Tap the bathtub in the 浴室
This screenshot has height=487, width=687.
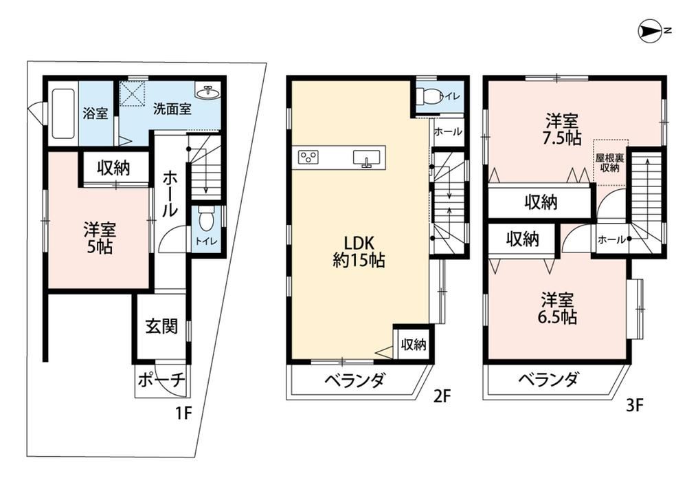point(63,114)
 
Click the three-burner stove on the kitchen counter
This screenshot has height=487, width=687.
point(308,157)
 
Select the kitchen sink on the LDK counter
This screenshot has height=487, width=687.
point(367,158)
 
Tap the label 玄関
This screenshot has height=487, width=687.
point(161,326)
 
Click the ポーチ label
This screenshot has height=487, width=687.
point(161,380)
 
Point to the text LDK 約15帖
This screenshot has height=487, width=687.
point(359,252)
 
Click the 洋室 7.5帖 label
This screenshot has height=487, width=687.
point(561,129)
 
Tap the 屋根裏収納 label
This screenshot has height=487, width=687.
point(609,162)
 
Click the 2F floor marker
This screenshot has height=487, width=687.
point(442,396)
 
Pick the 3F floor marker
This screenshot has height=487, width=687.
point(634,405)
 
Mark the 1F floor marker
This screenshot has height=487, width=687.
point(184,413)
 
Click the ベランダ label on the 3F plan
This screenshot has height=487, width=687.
point(549,380)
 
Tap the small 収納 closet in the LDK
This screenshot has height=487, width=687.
point(413,345)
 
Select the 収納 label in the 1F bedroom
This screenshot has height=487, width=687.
point(113,168)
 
